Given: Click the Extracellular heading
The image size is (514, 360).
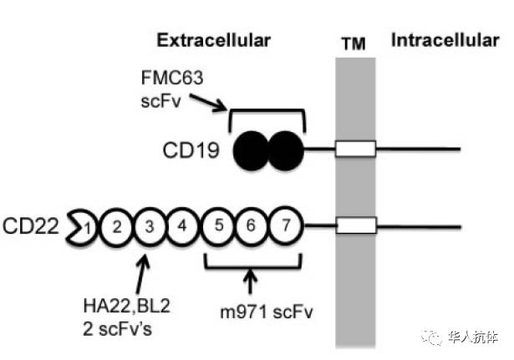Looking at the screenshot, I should (x=215, y=40).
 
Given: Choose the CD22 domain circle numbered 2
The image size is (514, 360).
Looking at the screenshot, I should (x=118, y=226).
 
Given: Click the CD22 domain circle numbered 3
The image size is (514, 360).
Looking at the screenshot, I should (x=149, y=226).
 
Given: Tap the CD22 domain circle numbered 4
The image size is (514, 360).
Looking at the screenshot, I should (x=180, y=226).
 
